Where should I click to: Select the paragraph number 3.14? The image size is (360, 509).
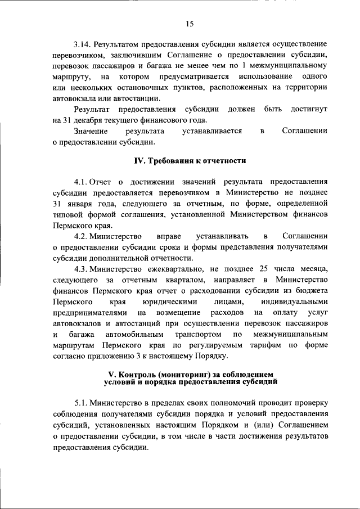click(82, 43)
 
